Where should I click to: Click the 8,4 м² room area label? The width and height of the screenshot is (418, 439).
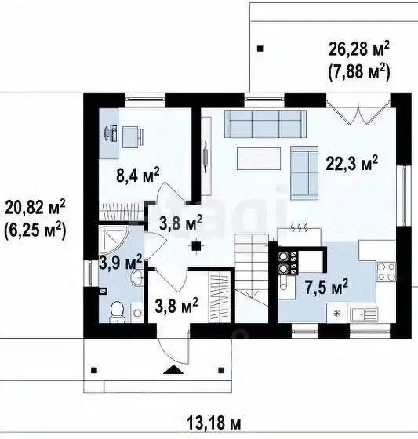138,176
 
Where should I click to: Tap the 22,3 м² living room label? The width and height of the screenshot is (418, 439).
352,163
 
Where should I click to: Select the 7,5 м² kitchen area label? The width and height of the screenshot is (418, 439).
326,286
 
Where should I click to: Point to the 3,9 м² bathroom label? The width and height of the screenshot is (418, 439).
121,262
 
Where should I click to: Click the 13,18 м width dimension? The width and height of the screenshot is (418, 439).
213,423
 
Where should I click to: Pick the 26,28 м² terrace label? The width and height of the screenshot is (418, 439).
359,49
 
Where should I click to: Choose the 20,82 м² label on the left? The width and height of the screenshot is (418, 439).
35,207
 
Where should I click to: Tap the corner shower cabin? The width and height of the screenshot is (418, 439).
113,239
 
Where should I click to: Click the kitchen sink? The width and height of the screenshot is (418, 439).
363,314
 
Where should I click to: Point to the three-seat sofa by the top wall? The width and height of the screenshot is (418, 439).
265,124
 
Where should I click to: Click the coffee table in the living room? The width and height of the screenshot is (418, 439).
259,158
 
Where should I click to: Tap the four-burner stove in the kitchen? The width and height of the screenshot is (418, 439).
386,272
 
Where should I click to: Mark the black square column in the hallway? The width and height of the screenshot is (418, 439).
196,246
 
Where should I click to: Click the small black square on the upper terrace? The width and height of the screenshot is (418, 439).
260,49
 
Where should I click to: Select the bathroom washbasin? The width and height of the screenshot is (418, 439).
137,278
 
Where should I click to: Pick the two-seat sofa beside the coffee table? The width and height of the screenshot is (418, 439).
304,173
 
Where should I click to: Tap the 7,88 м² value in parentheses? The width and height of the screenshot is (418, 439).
359,72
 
